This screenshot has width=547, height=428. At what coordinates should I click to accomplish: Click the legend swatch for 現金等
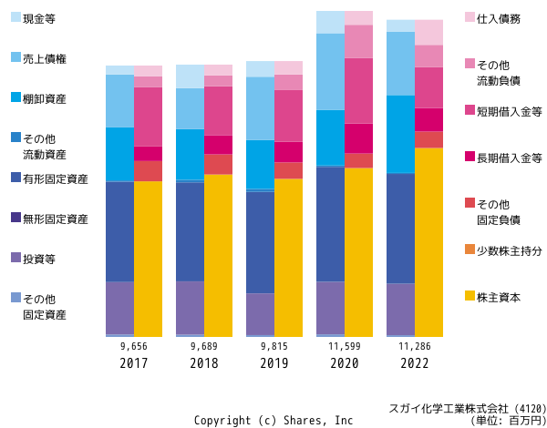tap(15, 17)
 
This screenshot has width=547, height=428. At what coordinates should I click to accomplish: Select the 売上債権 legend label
tap(45, 58)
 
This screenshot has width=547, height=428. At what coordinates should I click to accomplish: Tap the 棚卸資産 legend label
tap(45, 98)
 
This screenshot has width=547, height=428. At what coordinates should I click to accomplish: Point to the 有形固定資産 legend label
tap(55, 178)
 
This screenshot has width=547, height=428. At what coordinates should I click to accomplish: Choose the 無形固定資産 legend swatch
tap(15, 217)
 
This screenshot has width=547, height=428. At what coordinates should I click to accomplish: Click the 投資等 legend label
tap(39, 259)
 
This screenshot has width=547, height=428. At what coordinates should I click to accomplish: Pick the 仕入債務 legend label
tap(499, 18)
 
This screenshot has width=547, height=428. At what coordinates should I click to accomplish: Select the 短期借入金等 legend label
tap(510, 111)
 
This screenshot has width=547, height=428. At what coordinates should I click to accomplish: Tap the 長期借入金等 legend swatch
tap(470, 156)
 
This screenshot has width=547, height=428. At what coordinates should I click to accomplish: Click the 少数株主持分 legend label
tap(510, 250)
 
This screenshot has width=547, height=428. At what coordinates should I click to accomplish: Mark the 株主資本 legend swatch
tap(470, 296)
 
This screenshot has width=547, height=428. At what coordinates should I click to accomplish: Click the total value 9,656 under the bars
tap(134, 346)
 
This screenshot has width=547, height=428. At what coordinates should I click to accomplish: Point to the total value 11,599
tap(345, 346)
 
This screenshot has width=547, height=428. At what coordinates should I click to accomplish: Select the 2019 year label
tap(274, 363)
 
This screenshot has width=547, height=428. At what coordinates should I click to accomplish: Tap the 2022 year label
tap(415, 363)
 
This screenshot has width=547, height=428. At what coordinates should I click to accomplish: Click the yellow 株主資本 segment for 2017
tap(148, 259)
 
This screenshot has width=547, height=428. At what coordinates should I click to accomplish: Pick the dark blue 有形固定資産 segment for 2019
tap(260, 242)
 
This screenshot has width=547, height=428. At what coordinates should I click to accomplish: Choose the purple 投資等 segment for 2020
tap(330, 308)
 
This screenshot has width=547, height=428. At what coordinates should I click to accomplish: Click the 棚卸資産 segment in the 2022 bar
tap(400, 134)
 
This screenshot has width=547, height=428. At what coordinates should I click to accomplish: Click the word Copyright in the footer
tap(222, 421)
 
